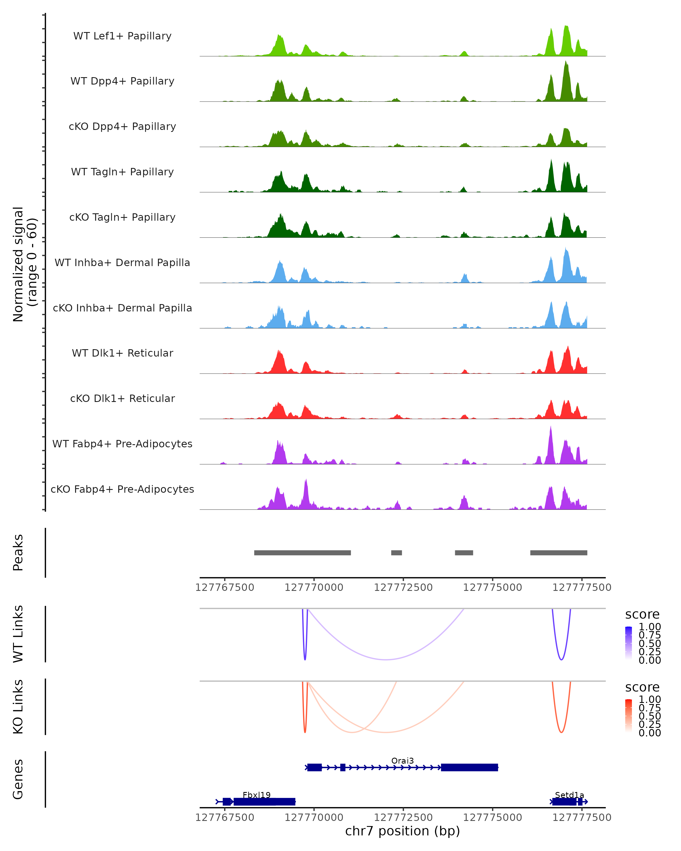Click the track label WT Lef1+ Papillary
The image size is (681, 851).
click(122, 36)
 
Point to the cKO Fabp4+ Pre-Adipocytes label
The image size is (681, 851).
click(122, 489)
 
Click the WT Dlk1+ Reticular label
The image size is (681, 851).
click(122, 353)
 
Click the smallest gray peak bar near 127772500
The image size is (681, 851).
click(396, 553)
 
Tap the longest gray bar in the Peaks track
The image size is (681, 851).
click(302, 553)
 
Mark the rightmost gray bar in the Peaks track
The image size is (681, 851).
click(559, 553)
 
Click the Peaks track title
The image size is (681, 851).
click(18, 553)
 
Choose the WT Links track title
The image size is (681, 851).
click(18, 634)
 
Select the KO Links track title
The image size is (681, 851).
click(18, 707)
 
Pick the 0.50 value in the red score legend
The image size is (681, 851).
click(650, 716)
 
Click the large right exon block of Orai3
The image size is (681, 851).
click(469, 767)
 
